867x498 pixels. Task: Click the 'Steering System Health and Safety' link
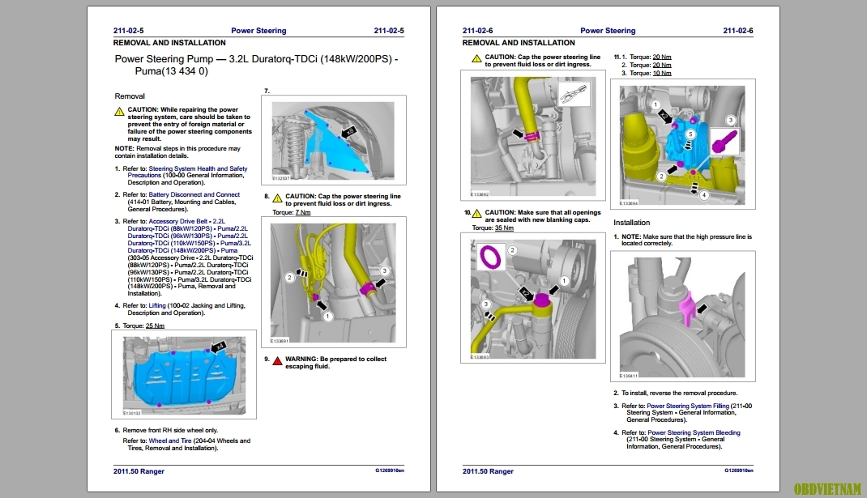[199, 168]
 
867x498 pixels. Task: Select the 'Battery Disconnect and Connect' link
[194, 194]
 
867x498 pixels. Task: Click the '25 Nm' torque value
[155, 326]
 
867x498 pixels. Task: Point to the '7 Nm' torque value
[302, 212]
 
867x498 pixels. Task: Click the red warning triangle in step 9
[277, 360]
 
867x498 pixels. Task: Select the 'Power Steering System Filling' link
[687, 406]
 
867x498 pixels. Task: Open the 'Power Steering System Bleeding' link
[693, 432]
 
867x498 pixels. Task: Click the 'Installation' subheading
[631, 223]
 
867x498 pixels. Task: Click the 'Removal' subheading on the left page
[130, 96]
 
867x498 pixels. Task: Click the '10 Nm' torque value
[661, 73]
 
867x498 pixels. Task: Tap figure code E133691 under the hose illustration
[280, 341]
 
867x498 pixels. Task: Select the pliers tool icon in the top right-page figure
[572, 95]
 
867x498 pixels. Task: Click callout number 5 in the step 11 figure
[690, 133]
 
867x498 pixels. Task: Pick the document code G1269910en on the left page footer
[389, 470]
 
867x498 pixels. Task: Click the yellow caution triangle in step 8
[277, 197]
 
